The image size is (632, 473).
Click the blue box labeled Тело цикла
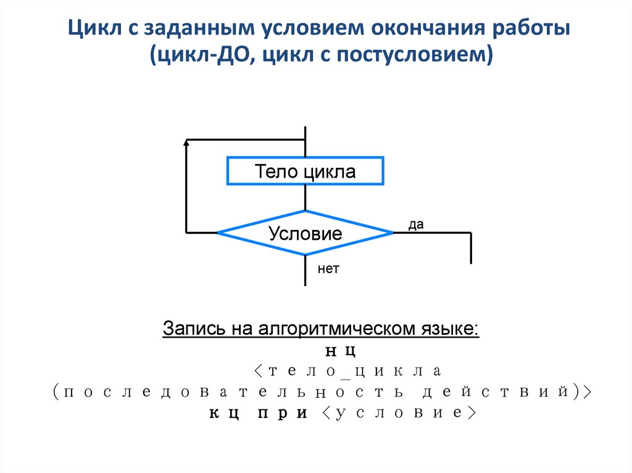click(306, 171)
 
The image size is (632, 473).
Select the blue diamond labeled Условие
click(305, 233)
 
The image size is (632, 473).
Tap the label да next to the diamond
click(416, 226)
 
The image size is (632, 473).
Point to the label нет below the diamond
click(328, 269)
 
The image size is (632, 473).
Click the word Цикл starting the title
click(93, 29)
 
